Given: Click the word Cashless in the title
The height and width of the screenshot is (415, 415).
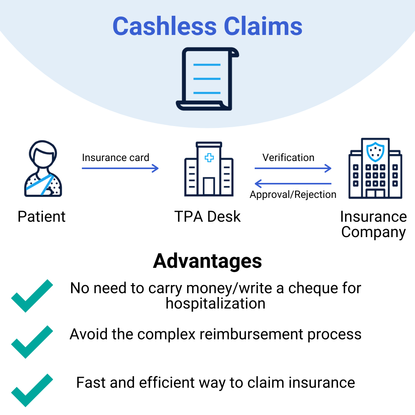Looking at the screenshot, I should click(165, 27).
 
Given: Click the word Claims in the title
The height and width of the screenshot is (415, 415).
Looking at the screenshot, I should click(263, 27).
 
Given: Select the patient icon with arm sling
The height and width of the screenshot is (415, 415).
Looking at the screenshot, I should click(43, 169).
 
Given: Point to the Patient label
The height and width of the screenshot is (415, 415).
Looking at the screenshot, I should click(41, 217).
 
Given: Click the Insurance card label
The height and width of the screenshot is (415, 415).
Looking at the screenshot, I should click(116, 158).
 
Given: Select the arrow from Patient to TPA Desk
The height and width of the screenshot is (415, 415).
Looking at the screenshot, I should click(120, 168).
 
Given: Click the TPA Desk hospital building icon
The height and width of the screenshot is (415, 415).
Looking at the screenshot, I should click(209, 169).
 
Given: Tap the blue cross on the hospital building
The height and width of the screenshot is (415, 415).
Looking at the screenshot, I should click(209, 158).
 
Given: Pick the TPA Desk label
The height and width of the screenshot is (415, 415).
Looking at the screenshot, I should click(207, 217).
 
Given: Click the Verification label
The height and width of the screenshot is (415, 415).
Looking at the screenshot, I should click(288, 158).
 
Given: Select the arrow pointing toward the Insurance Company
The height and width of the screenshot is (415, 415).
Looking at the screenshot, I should click(293, 168).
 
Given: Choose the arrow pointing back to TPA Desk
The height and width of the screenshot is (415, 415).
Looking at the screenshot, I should click(293, 184).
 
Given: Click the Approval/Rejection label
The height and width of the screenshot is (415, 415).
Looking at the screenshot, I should click(293, 195).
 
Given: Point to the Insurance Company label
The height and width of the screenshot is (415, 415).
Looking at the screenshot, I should click(373, 224).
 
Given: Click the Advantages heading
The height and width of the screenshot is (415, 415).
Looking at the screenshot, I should click(207, 261).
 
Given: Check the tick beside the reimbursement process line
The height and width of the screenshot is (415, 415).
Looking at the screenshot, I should click(32, 341).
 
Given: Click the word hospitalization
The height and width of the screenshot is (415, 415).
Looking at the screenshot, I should click(216, 304).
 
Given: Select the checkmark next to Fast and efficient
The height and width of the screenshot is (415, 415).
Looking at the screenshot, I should click(32, 390).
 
